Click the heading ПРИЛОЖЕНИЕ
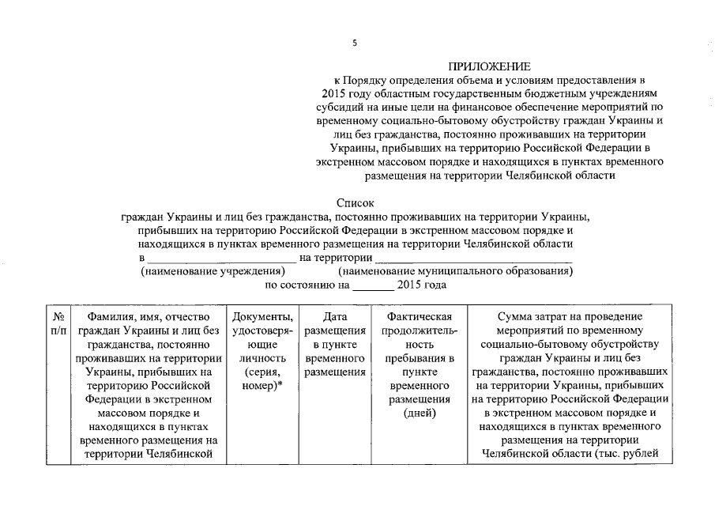490,66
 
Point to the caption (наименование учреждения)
201,271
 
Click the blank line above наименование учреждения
222,260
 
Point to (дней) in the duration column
419,413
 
